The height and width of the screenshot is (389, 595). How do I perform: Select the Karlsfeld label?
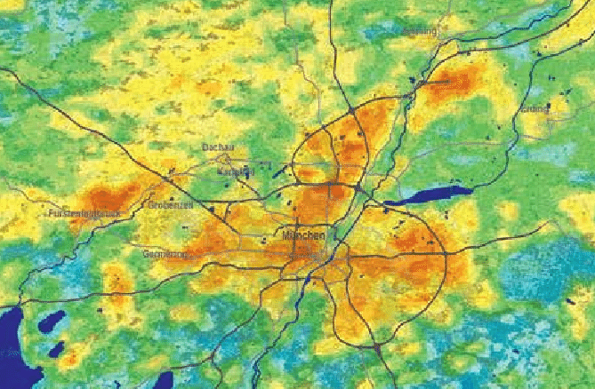point(236,170)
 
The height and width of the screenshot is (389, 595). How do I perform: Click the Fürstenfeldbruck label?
point(84,214)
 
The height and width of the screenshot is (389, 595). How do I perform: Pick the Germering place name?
point(165,255)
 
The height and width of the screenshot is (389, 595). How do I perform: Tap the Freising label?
point(420,31)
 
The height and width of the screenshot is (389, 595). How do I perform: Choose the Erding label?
point(535,109)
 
